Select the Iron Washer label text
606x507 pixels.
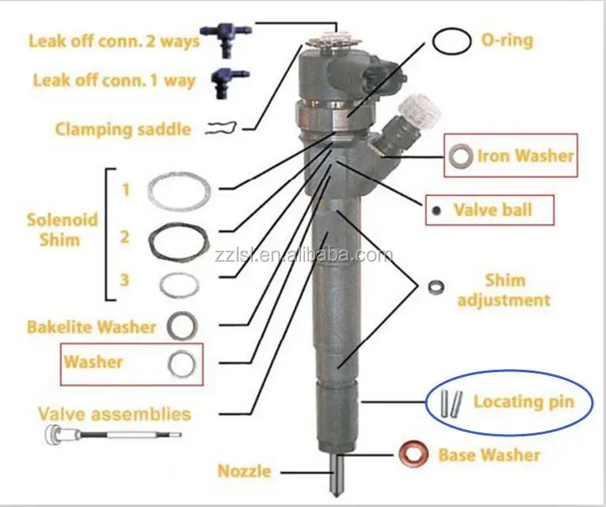(x=524, y=156)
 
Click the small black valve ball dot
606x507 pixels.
(x=436, y=210)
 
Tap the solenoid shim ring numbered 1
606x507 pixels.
(x=180, y=189)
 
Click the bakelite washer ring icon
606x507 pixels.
(x=183, y=325)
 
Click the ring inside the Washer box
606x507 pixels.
(x=183, y=363)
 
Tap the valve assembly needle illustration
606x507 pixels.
(x=112, y=434)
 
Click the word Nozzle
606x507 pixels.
(x=244, y=471)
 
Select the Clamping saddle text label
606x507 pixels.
(x=123, y=129)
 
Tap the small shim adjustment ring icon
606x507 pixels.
(x=435, y=287)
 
